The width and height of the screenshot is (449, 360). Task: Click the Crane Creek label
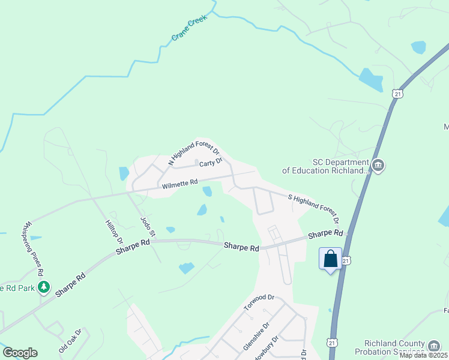[189, 28]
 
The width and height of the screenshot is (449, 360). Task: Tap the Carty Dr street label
[211, 161]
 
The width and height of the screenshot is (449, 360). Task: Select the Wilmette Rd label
[179, 185]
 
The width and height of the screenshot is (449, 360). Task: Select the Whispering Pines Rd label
[33, 248]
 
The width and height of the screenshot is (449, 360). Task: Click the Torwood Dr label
[259, 302]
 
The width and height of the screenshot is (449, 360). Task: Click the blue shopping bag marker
[330, 259]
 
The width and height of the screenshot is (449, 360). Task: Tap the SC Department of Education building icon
[378, 166]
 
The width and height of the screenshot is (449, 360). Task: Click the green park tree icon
[43, 287]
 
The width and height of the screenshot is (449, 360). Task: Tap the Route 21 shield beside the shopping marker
[346, 261]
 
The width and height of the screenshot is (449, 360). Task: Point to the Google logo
[20, 353]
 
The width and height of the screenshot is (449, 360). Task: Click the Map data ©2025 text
[423, 355]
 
